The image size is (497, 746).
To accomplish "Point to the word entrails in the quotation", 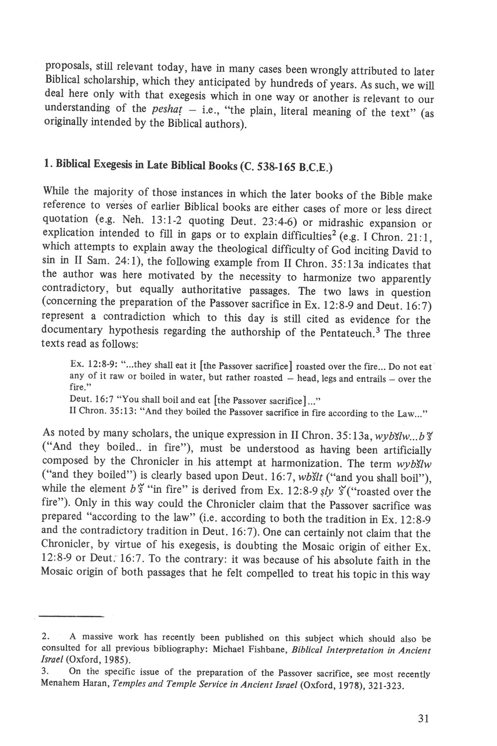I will pyautogui.click(x=371, y=379).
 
